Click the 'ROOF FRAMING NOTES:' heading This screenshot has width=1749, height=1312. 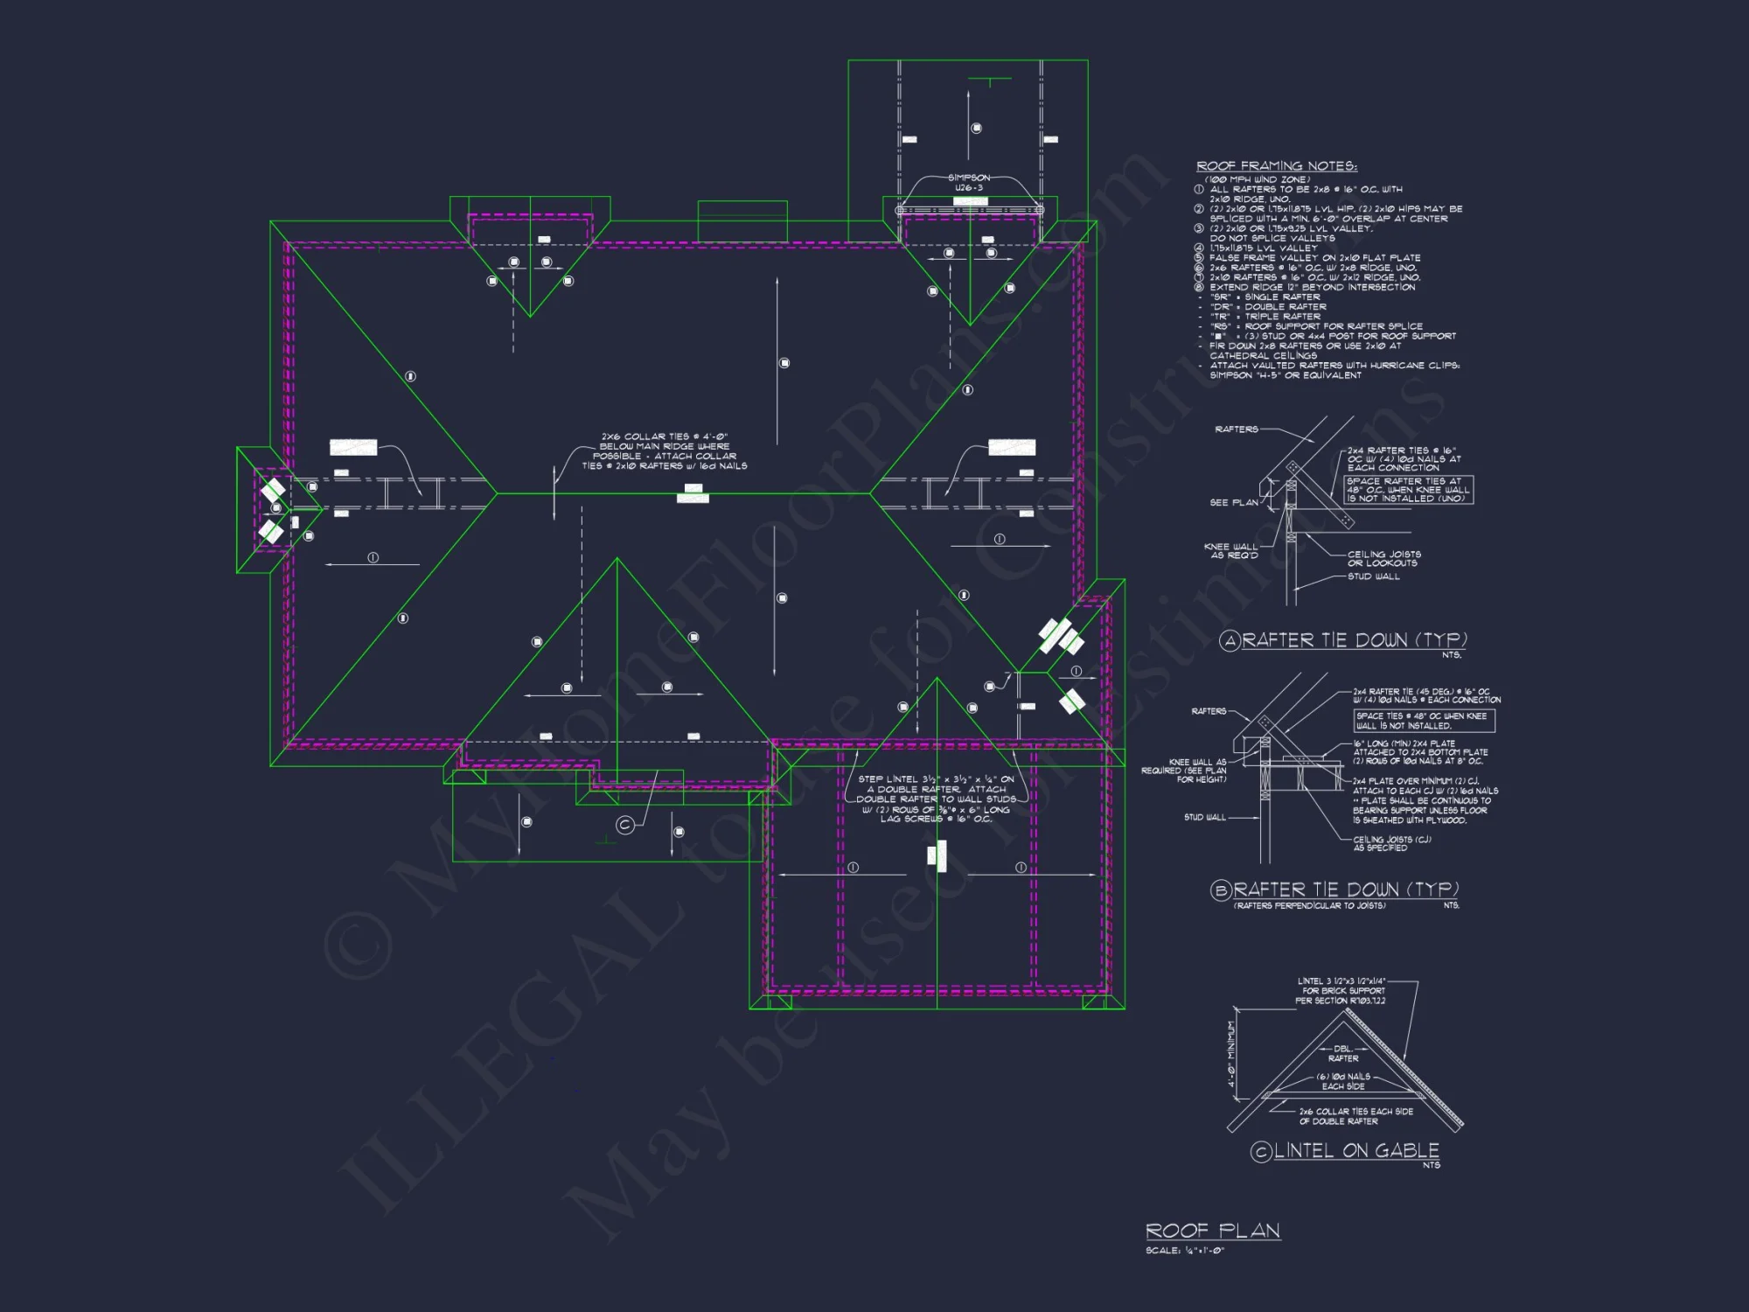click(x=1276, y=166)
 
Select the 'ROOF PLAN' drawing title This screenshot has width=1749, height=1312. click(x=1212, y=1232)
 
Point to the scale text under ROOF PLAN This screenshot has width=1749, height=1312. click(x=1185, y=1251)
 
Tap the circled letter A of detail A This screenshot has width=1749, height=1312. click(x=1230, y=641)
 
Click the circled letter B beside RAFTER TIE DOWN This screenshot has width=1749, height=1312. click(x=1221, y=890)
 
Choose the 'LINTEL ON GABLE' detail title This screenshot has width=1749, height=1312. click(x=1356, y=1151)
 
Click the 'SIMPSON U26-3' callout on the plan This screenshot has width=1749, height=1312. click(x=969, y=183)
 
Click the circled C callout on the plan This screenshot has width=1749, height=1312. click(x=624, y=825)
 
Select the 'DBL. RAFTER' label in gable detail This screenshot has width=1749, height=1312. click(x=1343, y=1053)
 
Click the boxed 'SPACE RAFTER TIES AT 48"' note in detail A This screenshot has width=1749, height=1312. click(x=1408, y=490)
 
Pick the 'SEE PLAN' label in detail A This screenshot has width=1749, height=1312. click(x=1234, y=503)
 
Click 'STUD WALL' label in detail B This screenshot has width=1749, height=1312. click(x=1204, y=818)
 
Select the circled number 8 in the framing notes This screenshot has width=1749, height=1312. click(x=1199, y=287)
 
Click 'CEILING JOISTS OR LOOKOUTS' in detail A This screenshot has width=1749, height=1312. click(x=1383, y=559)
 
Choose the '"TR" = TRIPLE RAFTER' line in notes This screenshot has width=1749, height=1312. click(x=1265, y=317)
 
